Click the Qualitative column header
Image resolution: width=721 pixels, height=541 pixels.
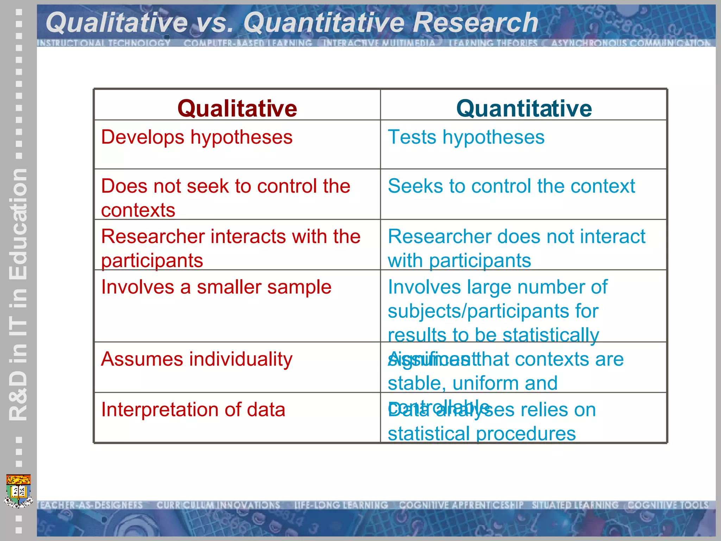tap(237, 108)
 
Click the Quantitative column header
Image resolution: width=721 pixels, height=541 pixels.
tap(524, 108)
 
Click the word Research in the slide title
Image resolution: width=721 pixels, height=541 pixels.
tap(475, 23)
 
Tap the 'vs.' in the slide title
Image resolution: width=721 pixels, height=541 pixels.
tap(215, 23)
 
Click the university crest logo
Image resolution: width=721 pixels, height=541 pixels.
tap(18, 491)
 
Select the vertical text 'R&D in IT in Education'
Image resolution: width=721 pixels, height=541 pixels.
tap(18, 294)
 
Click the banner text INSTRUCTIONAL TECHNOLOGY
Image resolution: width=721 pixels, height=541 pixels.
tap(104, 43)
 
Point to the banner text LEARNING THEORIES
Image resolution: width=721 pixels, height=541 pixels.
tap(493, 43)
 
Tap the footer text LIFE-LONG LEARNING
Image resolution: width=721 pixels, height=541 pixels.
tap(341, 505)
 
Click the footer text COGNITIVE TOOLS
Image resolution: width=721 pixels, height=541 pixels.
tap(668, 505)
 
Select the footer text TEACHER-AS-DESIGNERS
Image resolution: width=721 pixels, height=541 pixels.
tap(90, 505)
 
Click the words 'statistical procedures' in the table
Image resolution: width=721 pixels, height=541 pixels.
tap(482, 434)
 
